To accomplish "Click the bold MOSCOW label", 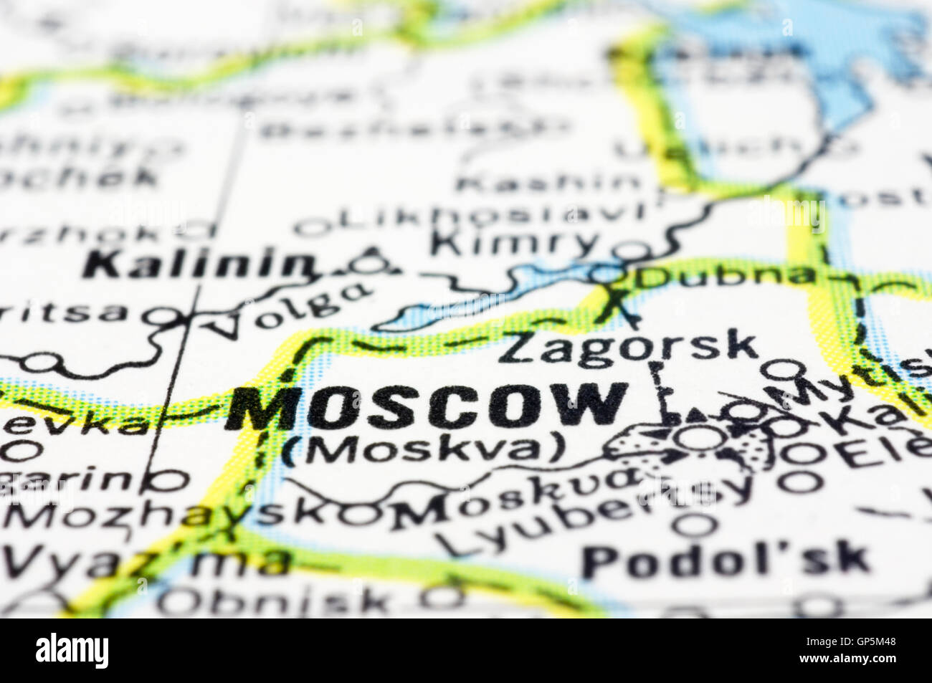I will tap(426, 406).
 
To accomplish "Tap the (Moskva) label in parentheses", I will tap(424, 449).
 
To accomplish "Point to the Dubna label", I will tap(724, 275).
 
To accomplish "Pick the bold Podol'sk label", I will tap(726, 560).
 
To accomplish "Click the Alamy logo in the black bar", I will tap(72, 650).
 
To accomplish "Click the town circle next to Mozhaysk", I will tap(359, 513).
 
